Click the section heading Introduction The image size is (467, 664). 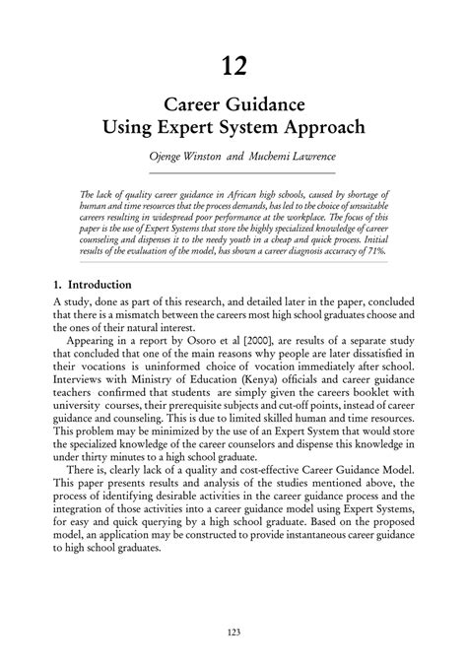97,284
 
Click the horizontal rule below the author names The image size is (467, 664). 233,173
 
